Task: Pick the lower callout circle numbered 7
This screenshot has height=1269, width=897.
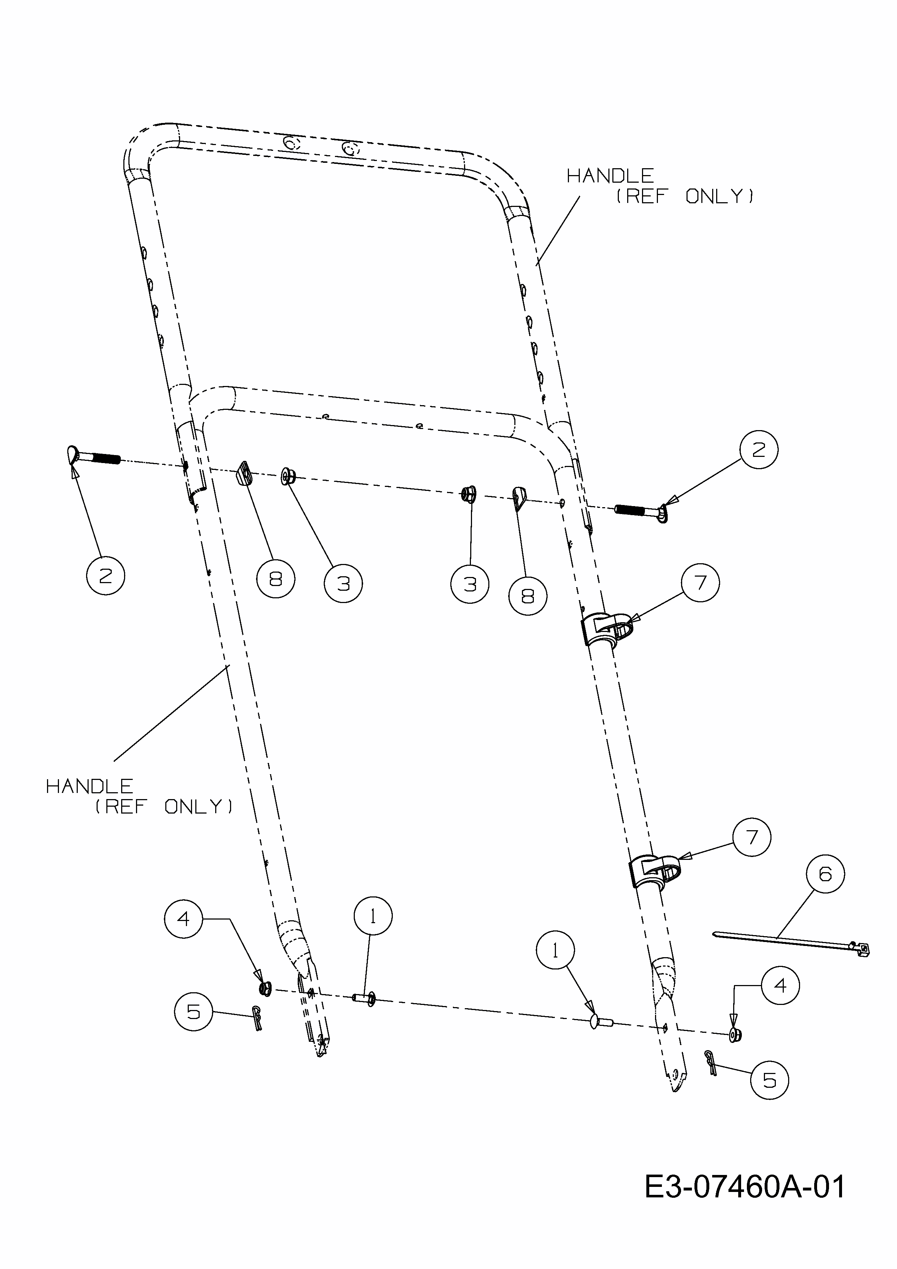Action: click(x=752, y=837)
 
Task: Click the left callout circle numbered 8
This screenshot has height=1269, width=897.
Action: click(x=276, y=579)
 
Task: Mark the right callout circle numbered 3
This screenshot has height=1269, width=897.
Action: click(x=470, y=583)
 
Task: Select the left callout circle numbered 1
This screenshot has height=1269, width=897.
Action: click(x=373, y=916)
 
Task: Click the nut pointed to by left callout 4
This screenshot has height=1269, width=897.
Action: click(x=265, y=988)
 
